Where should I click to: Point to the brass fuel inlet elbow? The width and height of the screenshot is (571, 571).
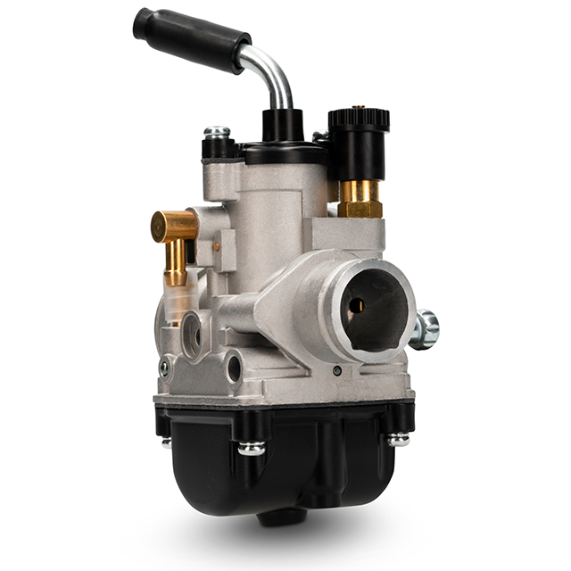point(175,228)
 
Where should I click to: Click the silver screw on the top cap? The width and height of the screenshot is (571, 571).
point(216,133)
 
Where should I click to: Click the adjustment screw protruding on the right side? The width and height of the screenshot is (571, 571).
point(425,328)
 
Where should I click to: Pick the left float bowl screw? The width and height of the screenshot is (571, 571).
point(251,446)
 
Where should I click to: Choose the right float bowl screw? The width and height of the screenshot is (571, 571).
point(398,438)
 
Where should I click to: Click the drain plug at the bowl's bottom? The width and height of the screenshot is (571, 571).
point(284,517)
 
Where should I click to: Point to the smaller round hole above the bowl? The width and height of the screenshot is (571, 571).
point(234,367)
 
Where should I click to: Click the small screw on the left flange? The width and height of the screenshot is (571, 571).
point(163,366)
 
